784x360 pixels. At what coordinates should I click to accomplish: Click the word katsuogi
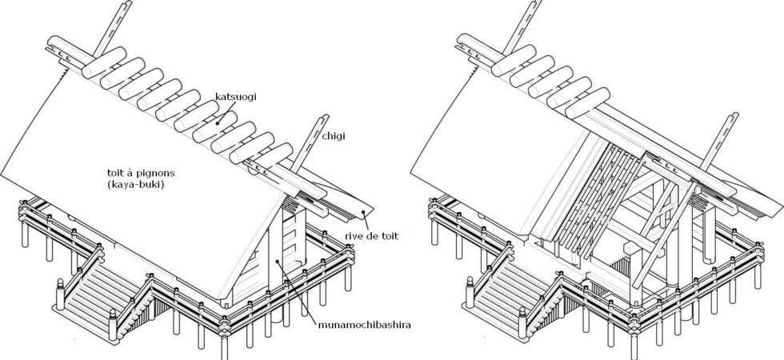coord(235,97)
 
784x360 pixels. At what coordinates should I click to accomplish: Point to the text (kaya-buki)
coord(131,184)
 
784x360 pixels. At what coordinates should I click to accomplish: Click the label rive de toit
coord(372,236)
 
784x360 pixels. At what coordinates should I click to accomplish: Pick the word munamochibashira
coord(365,325)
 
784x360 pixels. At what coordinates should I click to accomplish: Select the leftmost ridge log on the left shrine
coord(104,63)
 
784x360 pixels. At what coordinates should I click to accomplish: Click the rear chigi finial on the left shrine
coord(113,27)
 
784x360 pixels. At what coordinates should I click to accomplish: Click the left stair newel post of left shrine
coord(60,295)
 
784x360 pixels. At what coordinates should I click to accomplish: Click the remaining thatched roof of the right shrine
coord(495,150)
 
